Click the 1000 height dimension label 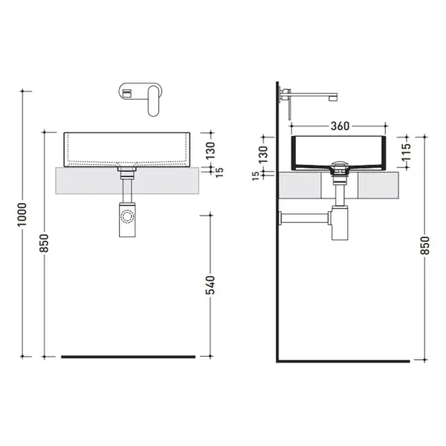tap(22, 215)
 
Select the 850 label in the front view tap(44, 243)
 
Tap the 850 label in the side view tap(424, 245)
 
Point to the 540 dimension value tap(210, 285)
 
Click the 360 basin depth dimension tap(340, 126)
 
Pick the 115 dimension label tap(407, 152)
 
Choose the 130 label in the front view tap(210, 151)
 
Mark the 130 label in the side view tap(263, 155)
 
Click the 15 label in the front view tap(219, 172)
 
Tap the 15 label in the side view tap(256, 175)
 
